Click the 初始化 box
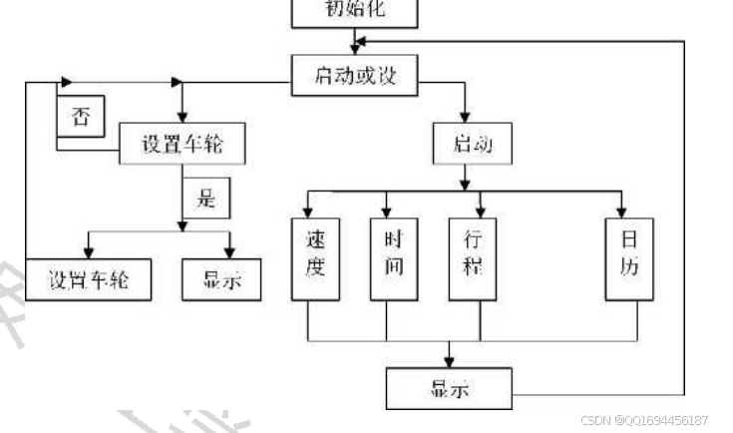tap(354, 12)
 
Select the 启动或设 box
tap(354, 75)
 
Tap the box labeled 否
tap(81, 116)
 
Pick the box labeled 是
tap(205, 197)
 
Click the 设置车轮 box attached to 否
tap(182, 144)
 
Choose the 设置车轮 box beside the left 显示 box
tap(90, 280)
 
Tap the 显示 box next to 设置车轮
tap(221, 280)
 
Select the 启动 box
tap(473, 144)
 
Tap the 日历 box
tap(630, 256)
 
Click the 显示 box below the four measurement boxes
tap(449, 387)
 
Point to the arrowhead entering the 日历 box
tap(622, 211)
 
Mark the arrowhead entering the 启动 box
tap(465, 116)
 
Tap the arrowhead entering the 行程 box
tap(481, 211)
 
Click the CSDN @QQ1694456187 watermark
tap(646, 421)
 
